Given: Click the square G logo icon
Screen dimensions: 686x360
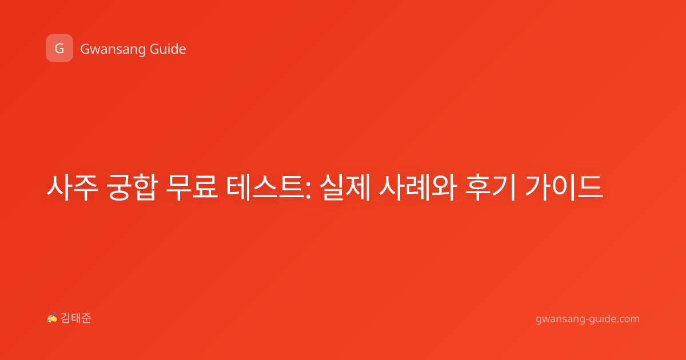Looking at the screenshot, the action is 59,48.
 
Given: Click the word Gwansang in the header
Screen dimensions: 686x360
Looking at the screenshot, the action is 113,49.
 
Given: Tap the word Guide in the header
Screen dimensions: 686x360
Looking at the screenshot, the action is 168,49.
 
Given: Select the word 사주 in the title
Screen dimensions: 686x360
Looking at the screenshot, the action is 72,187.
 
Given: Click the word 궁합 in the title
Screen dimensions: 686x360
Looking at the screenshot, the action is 132,187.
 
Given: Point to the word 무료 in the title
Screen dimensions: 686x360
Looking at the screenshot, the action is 192,187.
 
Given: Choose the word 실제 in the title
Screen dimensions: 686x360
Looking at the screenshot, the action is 345,187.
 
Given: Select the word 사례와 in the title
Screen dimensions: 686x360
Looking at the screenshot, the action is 418,187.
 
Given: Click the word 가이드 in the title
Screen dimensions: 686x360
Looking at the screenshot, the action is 564,187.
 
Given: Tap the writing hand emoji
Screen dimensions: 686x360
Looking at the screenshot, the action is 52,318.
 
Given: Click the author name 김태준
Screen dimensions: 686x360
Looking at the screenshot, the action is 76,318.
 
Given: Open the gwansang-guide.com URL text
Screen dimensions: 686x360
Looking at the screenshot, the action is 588,319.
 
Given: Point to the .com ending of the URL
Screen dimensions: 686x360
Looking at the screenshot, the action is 628,319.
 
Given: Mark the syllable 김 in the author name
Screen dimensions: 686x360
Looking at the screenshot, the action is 66,318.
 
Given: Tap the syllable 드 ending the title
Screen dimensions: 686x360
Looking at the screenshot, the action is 590,187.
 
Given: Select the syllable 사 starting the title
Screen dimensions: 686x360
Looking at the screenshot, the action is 59,187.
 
